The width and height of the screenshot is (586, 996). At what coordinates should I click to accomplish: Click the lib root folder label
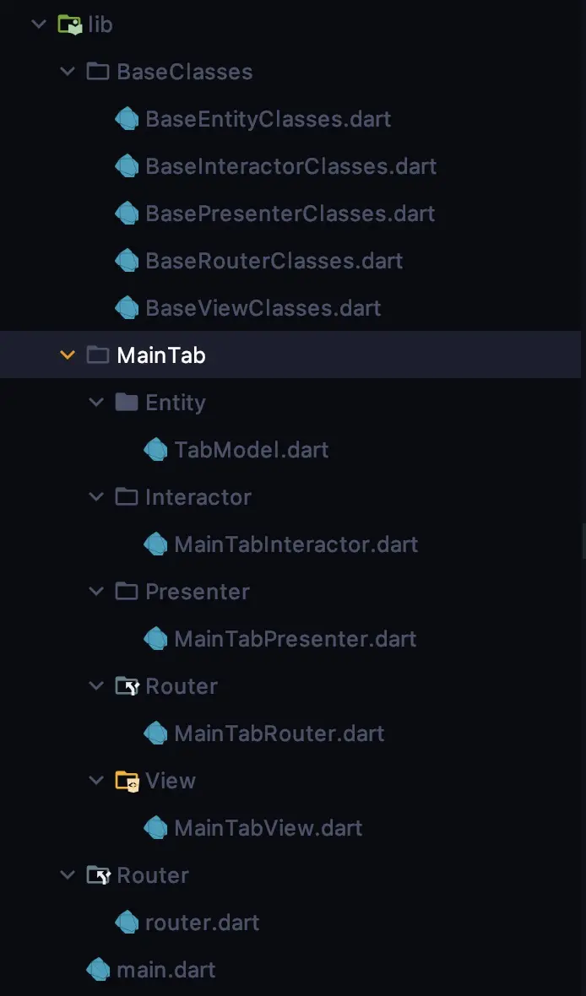[100, 24]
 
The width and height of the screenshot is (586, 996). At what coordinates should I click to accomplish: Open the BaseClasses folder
[184, 72]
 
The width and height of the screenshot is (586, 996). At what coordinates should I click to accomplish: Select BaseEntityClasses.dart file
[268, 119]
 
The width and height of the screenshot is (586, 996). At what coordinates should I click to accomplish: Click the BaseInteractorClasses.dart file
[290, 166]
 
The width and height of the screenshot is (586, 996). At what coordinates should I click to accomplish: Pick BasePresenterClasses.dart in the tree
[290, 214]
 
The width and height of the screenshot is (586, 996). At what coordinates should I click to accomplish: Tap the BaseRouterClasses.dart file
[274, 261]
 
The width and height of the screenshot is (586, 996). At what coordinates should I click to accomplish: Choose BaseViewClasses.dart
[263, 308]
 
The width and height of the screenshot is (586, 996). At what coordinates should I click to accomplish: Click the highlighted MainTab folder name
[160, 355]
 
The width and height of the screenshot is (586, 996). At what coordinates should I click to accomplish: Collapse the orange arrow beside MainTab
[68, 355]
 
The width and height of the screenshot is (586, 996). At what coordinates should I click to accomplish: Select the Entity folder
[175, 403]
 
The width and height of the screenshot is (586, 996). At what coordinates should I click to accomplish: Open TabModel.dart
[251, 450]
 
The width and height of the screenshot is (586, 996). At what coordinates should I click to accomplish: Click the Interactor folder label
[198, 497]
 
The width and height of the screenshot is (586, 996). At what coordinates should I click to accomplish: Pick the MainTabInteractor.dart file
[296, 544]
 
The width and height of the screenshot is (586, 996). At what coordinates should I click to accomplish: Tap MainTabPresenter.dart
[295, 639]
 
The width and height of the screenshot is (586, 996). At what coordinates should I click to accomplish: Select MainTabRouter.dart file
[279, 733]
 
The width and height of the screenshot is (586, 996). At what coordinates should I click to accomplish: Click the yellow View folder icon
[127, 781]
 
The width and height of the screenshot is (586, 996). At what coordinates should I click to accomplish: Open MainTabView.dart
[268, 828]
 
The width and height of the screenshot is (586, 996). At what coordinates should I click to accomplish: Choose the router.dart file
[202, 923]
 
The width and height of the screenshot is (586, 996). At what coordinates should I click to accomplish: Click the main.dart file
[165, 970]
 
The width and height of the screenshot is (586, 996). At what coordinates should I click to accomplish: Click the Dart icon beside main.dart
[99, 970]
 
